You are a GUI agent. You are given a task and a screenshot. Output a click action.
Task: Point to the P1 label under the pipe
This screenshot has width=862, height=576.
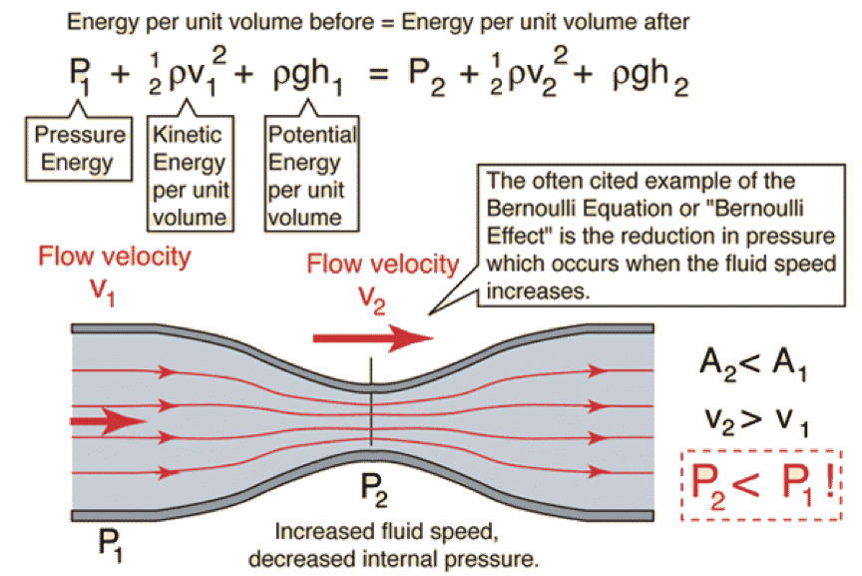pyautogui.click(x=111, y=543)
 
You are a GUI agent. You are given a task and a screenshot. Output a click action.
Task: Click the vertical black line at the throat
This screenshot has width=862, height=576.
pyautogui.click(x=371, y=409)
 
